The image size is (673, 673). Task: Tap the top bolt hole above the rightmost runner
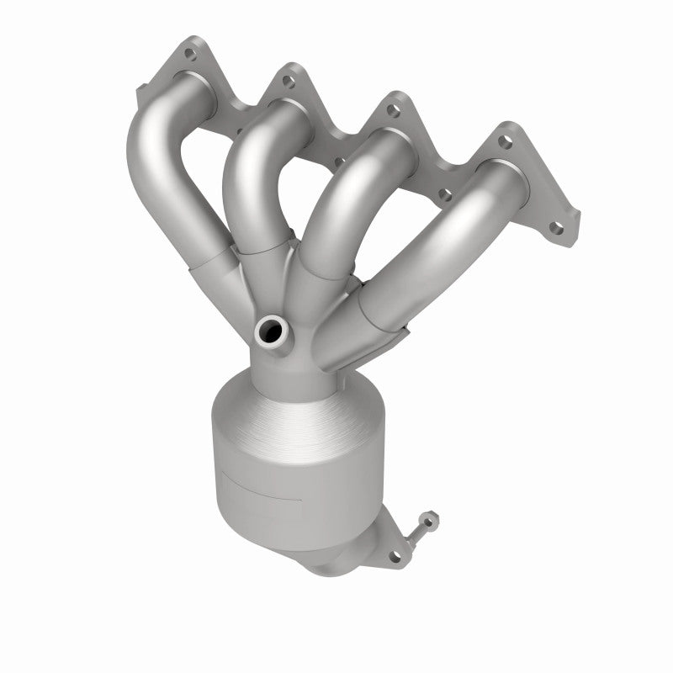click(x=505, y=142)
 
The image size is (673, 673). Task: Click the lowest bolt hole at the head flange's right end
click(x=556, y=225)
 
